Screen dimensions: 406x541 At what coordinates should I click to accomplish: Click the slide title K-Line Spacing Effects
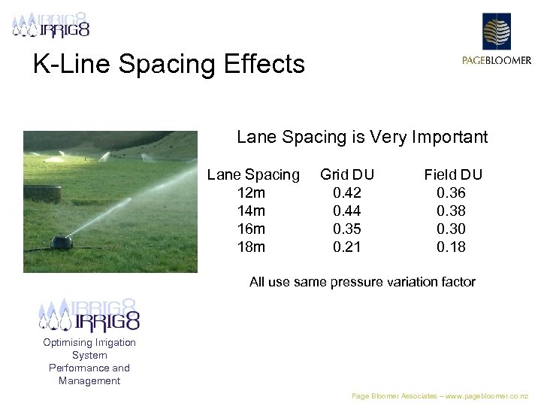[x=169, y=64]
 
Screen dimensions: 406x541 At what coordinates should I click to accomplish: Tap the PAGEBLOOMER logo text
[x=497, y=61]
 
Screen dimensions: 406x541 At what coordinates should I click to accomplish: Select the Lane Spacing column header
[x=252, y=175]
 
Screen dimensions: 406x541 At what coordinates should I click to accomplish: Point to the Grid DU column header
[x=347, y=175]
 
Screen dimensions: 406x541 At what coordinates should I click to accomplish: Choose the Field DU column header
[x=452, y=175]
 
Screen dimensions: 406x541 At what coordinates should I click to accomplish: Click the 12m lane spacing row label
[x=250, y=193]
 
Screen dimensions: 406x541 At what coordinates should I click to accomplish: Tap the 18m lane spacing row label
[x=250, y=247]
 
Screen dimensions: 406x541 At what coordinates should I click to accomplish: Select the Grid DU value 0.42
[x=347, y=193]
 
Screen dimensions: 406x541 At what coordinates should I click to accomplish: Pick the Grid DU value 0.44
[x=347, y=211]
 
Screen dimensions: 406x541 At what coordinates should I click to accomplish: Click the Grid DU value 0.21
[x=347, y=247]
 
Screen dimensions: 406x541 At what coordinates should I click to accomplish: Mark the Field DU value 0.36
[x=452, y=193]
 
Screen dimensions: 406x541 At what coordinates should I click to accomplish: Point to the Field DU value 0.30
[x=452, y=229]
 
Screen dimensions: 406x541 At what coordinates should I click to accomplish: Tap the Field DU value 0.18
[x=452, y=247]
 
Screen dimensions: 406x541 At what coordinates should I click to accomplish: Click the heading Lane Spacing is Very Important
[x=362, y=138]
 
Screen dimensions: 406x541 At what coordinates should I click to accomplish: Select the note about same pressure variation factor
[x=362, y=282]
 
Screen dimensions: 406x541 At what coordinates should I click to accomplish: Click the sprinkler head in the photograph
[x=62, y=242]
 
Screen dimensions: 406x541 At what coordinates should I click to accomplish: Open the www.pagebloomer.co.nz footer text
[x=440, y=395]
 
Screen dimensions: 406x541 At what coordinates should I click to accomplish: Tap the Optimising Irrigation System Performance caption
[x=89, y=362]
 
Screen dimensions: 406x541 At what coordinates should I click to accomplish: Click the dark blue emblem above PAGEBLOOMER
[x=496, y=32]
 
